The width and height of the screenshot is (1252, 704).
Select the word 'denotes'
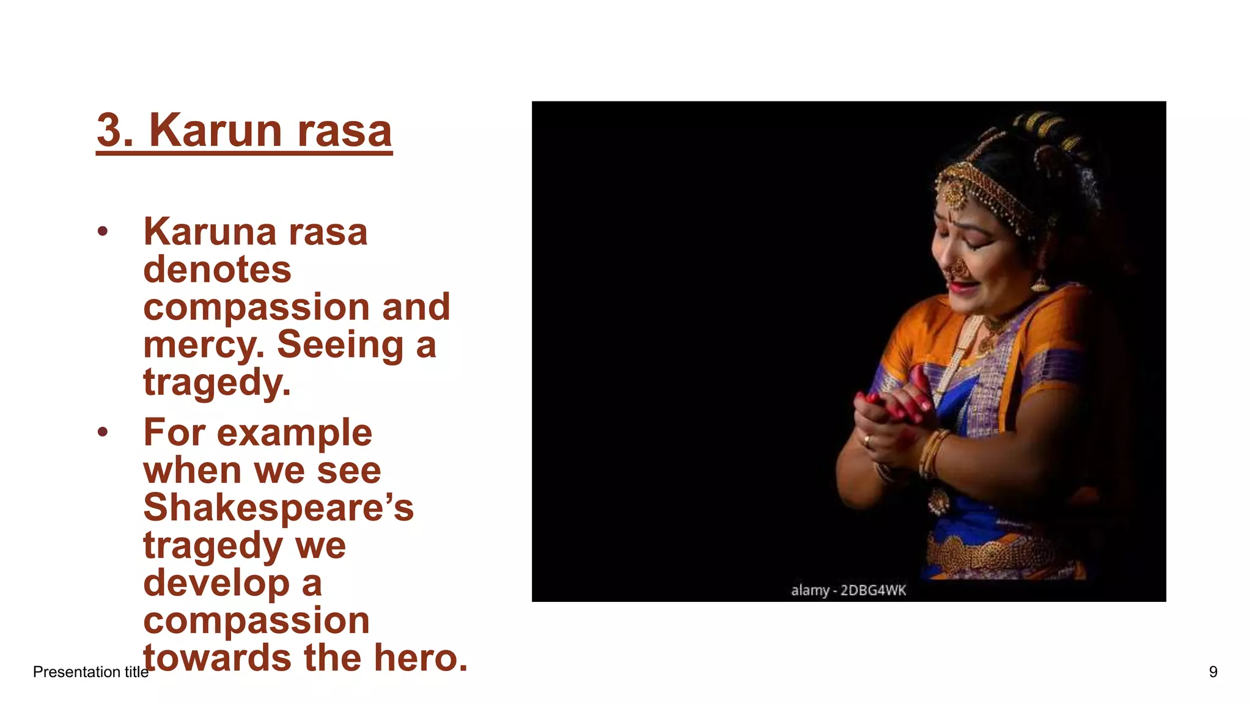pos(217,269)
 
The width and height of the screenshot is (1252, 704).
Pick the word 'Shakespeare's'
pos(278,508)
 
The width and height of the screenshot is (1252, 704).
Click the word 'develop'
pos(216,583)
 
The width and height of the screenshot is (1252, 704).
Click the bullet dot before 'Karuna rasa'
pos(103,232)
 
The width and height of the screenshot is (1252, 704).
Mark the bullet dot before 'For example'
pos(103,433)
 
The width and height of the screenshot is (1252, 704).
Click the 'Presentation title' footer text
pos(90,672)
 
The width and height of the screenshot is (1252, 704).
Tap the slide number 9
pos(1213,672)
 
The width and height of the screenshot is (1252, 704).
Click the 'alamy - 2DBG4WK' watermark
pos(848,590)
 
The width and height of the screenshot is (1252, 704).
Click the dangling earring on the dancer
pos(1040,283)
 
